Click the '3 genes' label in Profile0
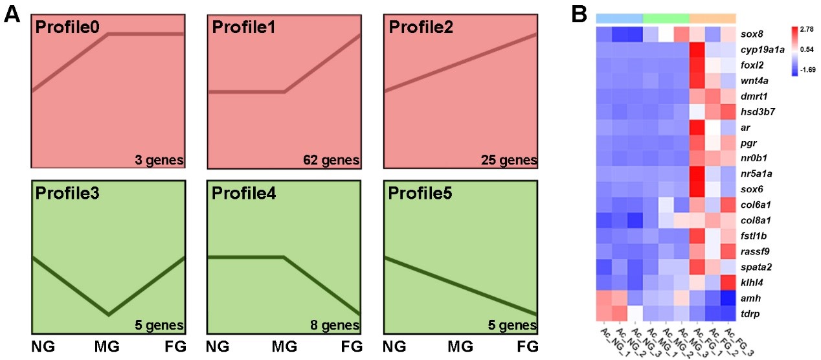[x=160, y=159]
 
